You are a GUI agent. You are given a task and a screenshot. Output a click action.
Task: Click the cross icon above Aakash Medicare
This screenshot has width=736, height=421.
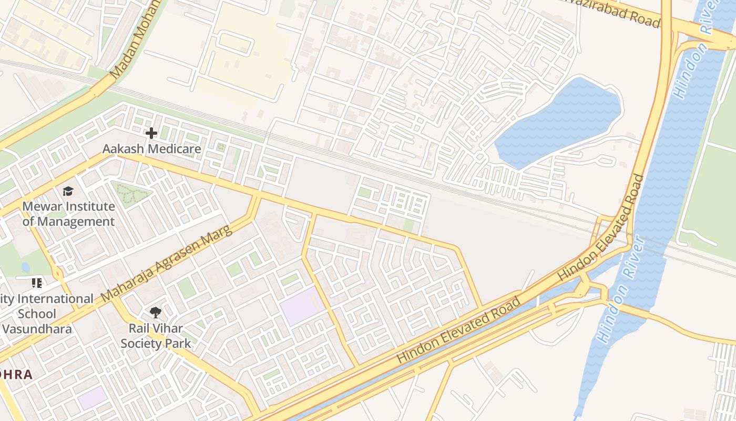[x=151, y=133]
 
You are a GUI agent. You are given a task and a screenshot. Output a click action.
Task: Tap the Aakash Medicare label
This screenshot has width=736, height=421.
[x=151, y=149]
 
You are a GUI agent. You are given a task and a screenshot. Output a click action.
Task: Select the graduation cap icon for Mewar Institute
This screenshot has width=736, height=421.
[x=68, y=191]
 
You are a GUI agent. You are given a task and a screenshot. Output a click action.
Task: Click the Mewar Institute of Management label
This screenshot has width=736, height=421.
[x=68, y=214]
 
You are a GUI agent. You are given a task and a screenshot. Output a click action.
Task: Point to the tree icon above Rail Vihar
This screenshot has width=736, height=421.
[x=156, y=313]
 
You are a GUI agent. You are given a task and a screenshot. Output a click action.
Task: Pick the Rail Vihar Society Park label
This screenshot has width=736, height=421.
[x=156, y=336]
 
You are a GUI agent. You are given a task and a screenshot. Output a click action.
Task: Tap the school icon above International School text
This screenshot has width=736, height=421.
[x=37, y=283]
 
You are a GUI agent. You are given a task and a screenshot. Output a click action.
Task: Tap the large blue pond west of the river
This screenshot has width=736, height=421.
[x=560, y=122]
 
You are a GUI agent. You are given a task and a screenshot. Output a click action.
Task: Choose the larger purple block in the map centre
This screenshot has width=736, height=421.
[x=302, y=306]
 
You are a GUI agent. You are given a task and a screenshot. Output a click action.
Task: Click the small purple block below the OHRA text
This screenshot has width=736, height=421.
[x=93, y=397]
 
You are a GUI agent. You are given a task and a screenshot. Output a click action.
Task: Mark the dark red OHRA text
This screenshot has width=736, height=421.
[x=16, y=375]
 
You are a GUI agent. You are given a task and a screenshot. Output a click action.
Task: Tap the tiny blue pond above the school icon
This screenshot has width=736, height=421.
[x=25, y=267]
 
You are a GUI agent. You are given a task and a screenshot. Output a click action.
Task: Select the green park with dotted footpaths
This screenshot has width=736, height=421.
[x=130, y=193]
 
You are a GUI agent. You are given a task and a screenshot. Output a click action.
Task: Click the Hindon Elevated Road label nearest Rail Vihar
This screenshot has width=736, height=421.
[x=458, y=330]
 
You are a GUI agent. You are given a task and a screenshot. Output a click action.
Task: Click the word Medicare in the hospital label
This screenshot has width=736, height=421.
[x=175, y=149]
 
